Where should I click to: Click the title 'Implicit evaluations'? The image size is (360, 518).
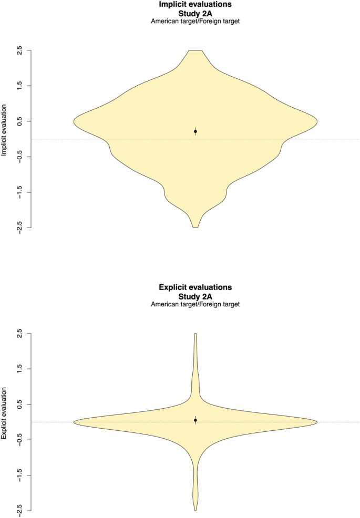196,5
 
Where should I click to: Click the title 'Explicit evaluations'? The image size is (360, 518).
196,288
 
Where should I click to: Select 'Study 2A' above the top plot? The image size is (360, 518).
196,13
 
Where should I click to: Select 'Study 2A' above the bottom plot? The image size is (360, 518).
196,296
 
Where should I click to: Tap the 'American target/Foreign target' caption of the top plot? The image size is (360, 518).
196,22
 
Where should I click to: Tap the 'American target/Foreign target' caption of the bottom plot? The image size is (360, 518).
196,305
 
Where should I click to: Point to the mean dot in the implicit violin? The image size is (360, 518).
196,131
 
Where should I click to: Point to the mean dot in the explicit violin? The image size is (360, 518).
196,420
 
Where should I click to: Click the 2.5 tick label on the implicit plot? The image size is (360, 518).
20,50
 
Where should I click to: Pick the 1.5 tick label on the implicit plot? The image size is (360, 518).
20,86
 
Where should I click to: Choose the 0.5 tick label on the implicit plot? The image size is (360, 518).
20,121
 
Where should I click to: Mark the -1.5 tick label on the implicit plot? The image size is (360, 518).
20,192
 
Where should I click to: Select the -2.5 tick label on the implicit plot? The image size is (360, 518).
20,227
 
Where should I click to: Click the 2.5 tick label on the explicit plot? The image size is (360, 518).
20,334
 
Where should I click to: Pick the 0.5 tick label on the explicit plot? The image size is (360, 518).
20,405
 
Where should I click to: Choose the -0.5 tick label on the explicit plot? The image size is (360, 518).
20,440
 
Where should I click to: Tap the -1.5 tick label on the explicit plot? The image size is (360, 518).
20,475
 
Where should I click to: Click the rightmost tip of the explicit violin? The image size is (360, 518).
317,422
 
